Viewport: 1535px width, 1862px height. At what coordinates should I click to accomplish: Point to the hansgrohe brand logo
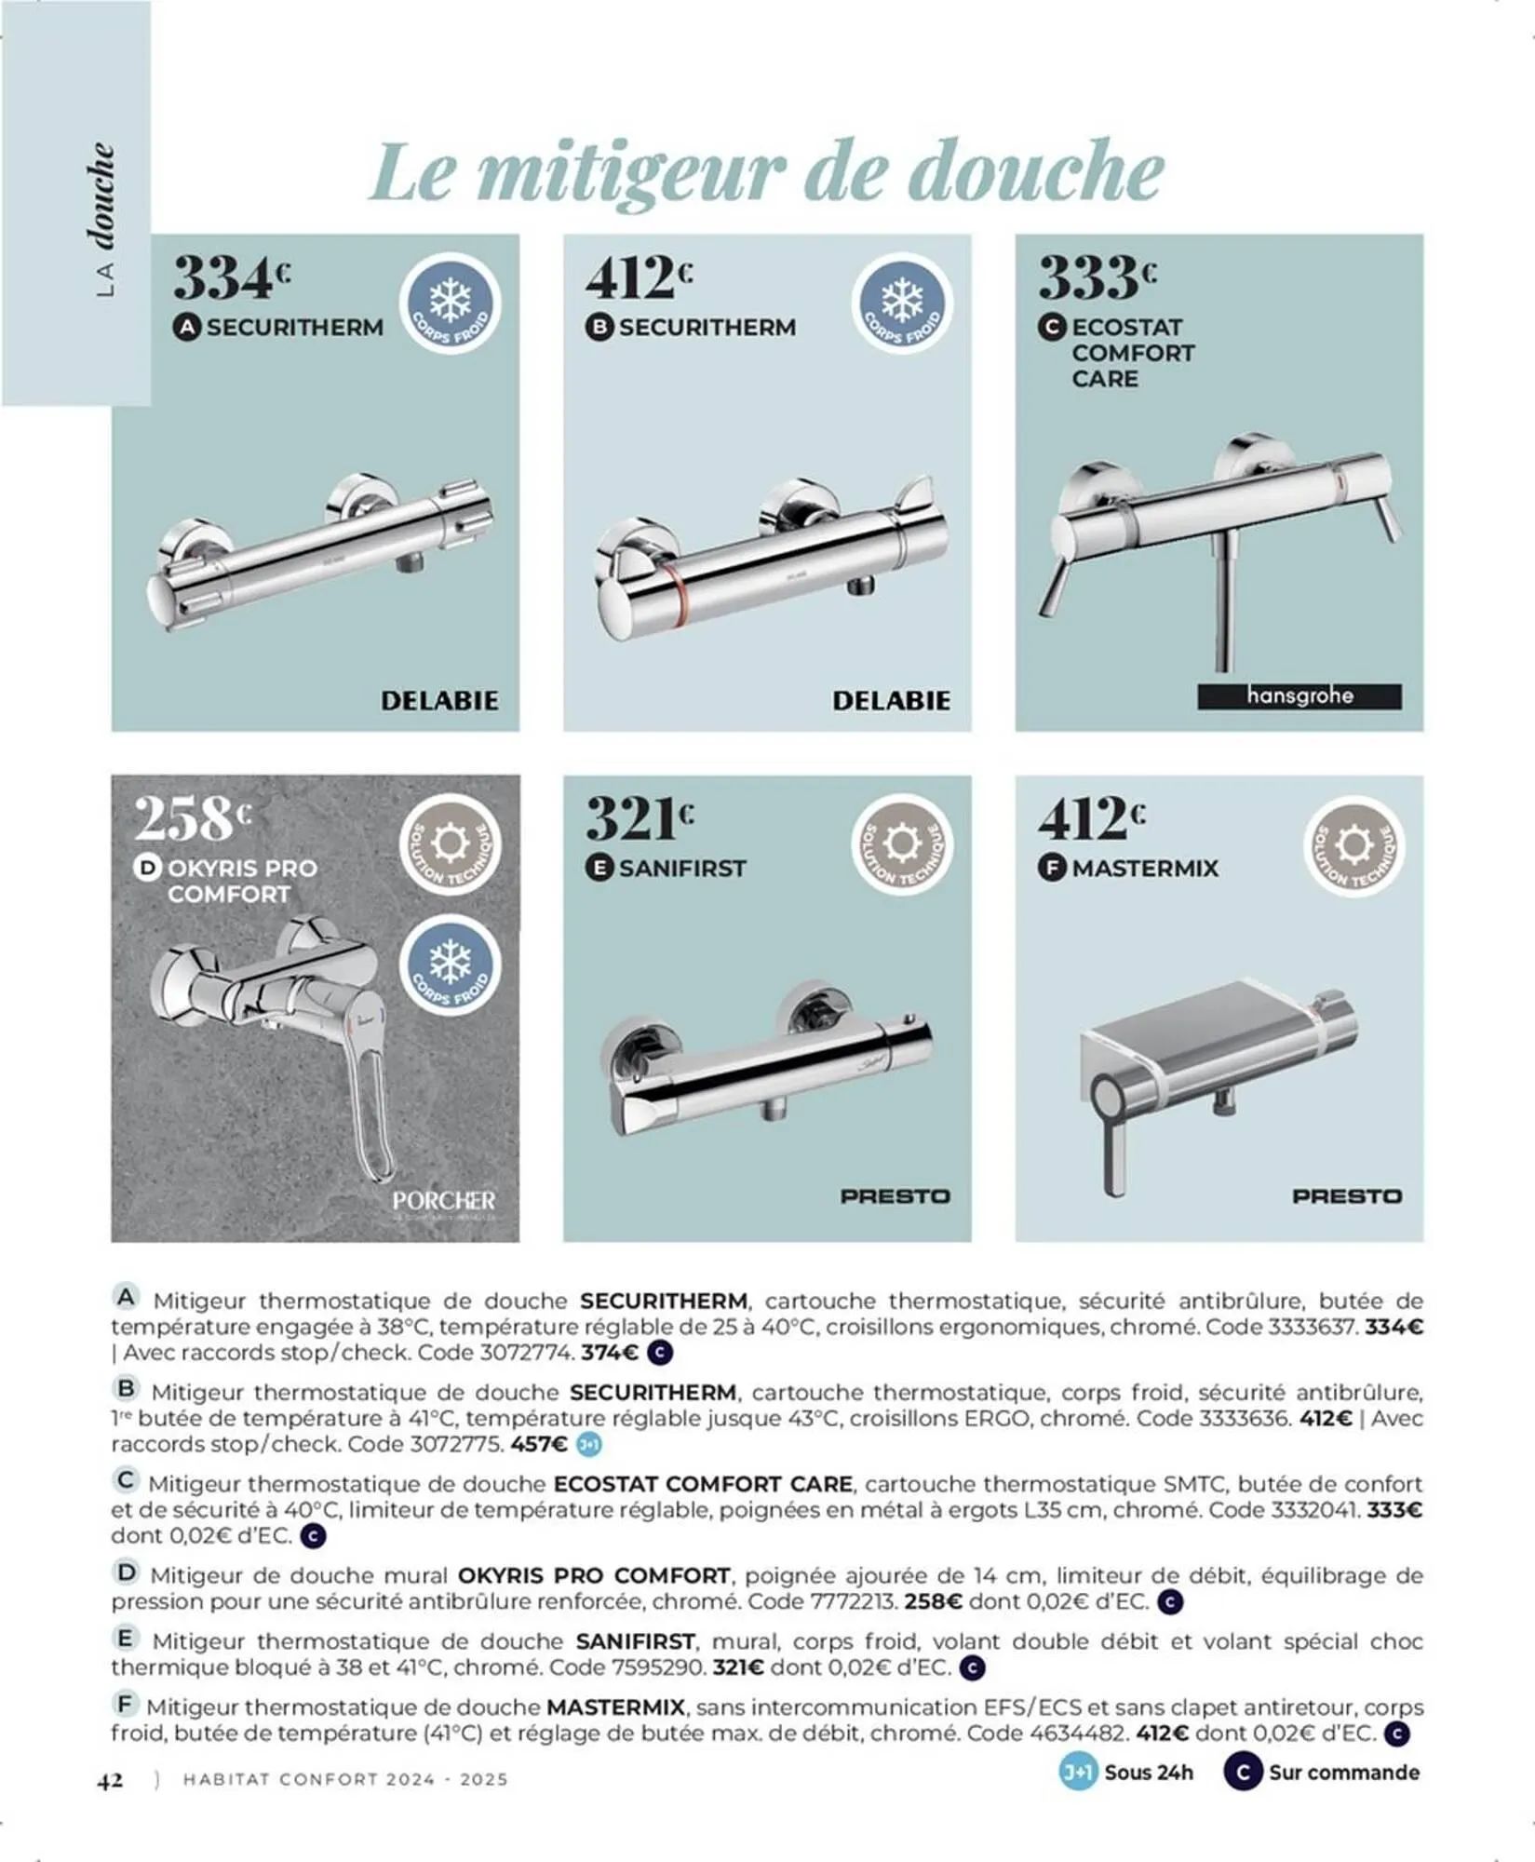(x=1299, y=696)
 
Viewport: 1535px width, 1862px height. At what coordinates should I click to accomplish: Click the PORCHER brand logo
(x=444, y=1201)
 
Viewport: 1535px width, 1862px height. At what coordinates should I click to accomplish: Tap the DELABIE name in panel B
(x=891, y=700)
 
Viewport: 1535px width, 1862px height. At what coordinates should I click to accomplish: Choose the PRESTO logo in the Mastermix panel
(x=1346, y=1196)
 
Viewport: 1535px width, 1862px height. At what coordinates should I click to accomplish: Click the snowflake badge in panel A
(x=451, y=304)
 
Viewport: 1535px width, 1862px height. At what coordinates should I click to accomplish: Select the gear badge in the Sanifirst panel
(x=901, y=845)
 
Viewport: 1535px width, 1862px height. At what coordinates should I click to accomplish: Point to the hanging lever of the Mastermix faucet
(x=1113, y=1145)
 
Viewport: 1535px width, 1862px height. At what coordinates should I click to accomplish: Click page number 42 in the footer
(x=110, y=1780)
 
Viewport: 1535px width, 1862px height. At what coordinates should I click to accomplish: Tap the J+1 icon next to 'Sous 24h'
(x=1078, y=1773)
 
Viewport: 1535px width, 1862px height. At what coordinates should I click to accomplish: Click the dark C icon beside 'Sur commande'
(x=1242, y=1773)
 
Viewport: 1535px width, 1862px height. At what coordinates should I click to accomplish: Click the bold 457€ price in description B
(x=539, y=1445)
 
